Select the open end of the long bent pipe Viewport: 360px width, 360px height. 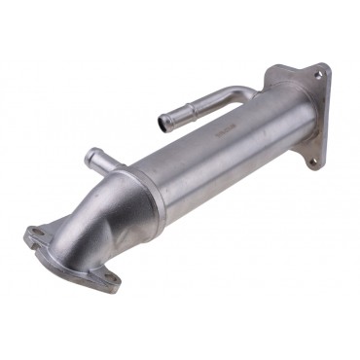162,124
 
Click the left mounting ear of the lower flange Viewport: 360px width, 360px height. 33,234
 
